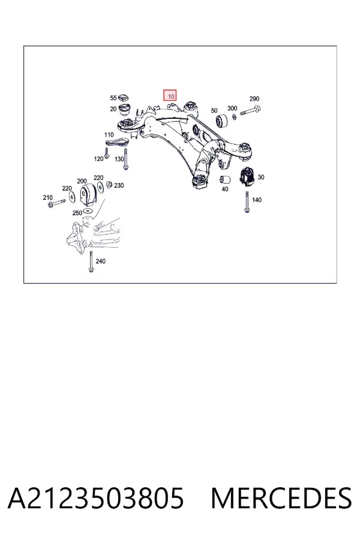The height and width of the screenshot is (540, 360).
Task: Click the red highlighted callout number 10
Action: point(170,95)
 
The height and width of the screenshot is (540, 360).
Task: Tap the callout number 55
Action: point(113,98)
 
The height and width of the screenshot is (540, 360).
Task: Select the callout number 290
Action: point(254,99)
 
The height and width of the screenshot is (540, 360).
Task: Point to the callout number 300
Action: point(233,108)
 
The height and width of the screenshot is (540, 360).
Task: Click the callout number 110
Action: point(109,134)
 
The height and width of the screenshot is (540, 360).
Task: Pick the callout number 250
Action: point(77,213)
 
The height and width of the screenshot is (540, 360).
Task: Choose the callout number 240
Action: point(101,261)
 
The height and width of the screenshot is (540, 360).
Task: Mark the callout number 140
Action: point(257,200)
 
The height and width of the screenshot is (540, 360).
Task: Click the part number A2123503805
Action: point(96,498)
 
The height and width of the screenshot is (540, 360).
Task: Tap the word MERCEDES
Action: point(281,498)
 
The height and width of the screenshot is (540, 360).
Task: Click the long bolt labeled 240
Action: point(91,262)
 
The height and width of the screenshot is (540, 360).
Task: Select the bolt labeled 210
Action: point(57,203)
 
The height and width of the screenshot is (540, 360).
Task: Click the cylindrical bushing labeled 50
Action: point(222,121)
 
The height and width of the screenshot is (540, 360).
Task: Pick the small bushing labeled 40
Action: point(225,179)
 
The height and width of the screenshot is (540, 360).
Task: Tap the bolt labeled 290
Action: point(250,110)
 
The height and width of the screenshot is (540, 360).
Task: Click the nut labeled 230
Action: point(109,185)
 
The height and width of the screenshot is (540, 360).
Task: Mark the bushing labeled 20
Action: point(125,109)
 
